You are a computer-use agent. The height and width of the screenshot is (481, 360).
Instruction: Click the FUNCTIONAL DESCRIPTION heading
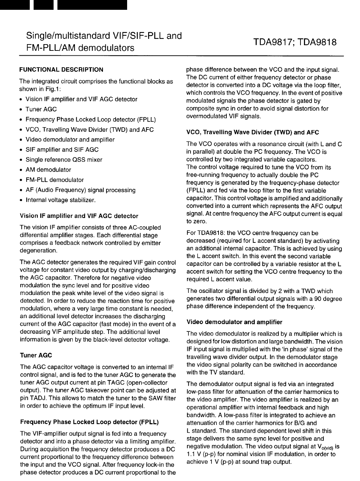[61, 69]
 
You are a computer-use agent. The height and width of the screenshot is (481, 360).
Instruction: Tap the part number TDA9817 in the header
[274, 42]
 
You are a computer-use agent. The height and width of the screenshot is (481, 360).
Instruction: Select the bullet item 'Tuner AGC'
[41, 109]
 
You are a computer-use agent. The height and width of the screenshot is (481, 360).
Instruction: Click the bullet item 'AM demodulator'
[48, 170]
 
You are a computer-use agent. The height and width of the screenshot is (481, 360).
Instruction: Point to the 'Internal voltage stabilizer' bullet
[61, 200]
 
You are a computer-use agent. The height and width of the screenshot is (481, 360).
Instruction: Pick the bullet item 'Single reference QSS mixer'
[64, 160]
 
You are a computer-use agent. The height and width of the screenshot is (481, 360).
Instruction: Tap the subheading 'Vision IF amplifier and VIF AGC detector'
[79, 216]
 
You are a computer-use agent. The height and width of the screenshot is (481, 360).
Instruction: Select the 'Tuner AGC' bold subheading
[36, 356]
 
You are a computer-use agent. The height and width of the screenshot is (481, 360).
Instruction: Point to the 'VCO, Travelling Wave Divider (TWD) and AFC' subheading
[252, 132]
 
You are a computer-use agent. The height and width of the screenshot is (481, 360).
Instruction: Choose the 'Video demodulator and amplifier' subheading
[234, 322]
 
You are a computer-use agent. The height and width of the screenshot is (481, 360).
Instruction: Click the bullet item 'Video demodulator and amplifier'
[70, 140]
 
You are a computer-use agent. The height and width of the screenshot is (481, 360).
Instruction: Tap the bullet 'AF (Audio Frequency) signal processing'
[81, 190]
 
